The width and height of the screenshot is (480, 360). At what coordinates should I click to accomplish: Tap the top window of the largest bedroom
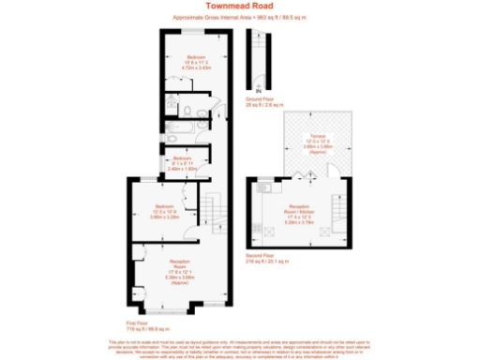(x=195, y=29)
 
